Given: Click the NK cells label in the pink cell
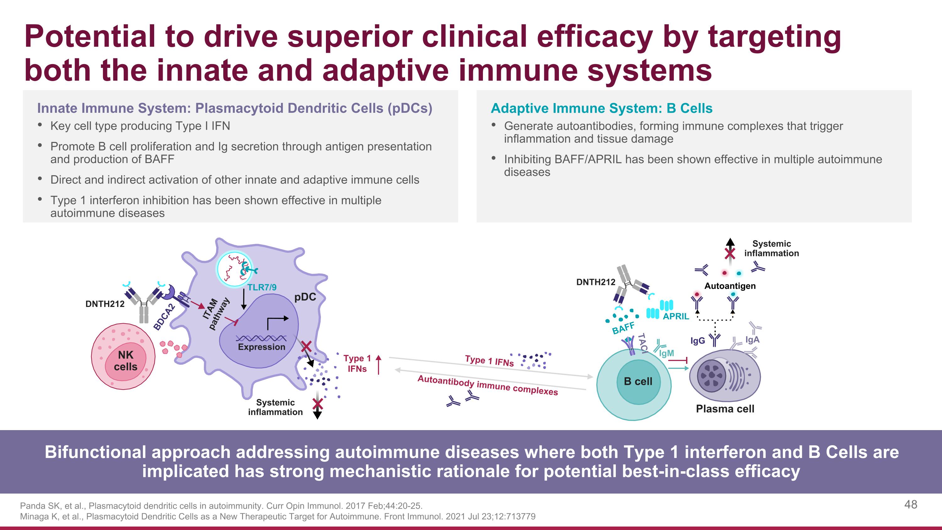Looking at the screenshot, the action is (125, 361).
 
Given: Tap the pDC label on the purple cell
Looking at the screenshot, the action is (305, 297).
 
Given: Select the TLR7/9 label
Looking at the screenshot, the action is (262, 287).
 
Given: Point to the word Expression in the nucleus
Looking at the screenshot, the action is (262, 347).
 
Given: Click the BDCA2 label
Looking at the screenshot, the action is (164, 317).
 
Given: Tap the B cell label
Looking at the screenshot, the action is (638, 381).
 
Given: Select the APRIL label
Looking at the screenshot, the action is (676, 316).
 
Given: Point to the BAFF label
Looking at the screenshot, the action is (623, 328).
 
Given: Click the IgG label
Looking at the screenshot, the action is (697, 341).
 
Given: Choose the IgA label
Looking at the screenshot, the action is (752, 339).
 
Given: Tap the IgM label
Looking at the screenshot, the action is (666, 353).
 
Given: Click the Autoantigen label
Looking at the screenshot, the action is (730, 286).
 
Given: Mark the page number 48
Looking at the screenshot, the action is (911, 505).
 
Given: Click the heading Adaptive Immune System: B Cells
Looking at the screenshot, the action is (602, 108).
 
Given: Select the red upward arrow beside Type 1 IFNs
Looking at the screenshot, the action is (378, 364).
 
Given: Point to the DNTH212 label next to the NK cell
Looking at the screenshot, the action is (105, 304).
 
